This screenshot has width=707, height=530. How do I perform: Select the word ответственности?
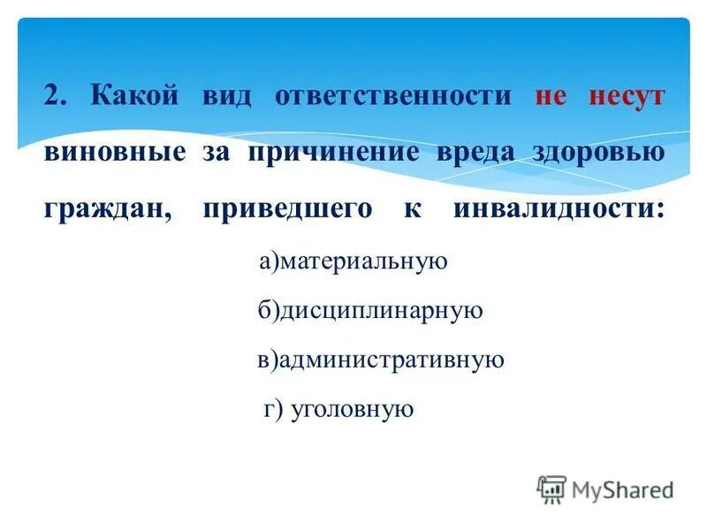393,96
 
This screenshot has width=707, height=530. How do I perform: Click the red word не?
550,97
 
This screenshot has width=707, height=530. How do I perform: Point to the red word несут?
627,97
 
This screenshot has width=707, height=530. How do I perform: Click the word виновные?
114,153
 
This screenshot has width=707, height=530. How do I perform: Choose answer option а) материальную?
354,262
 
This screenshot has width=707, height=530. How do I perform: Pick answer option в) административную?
381,360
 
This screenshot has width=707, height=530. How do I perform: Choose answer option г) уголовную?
338,408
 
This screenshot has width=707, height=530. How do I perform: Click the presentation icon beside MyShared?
551,489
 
